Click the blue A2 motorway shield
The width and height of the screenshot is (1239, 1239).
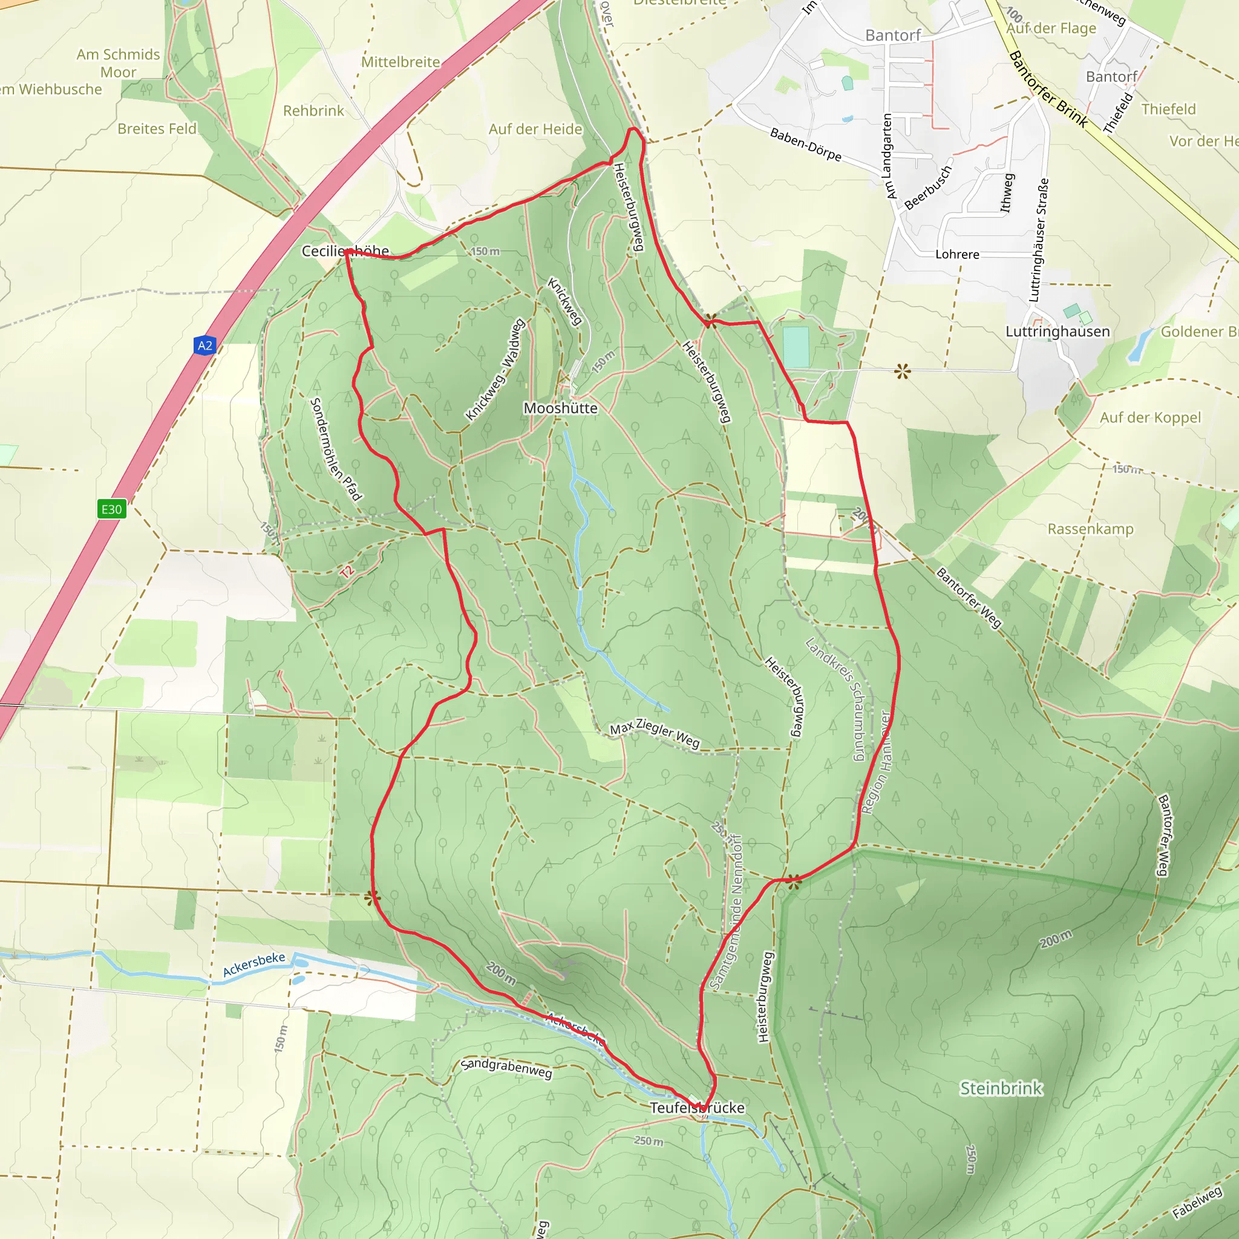(x=204, y=345)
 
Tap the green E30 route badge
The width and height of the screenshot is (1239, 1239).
(x=111, y=509)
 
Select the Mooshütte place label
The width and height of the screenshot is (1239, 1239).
(x=560, y=408)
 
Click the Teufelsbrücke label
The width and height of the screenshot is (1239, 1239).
(x=697, y=1108)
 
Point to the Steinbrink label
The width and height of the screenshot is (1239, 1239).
(x=1001, y=1088)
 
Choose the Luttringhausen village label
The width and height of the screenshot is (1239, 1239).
(x=1058, y=332)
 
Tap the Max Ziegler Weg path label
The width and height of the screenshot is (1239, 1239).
(x=655, y=734)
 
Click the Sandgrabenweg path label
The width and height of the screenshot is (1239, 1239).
(x=506, y=1068)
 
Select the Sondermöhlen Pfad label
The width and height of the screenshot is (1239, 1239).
(x=335, y=449)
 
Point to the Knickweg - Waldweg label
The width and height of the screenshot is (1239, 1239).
(x=495, y=370)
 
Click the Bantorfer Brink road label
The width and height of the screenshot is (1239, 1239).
(x=1048, y=89)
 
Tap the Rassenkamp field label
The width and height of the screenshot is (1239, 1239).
(x=1090, y=529)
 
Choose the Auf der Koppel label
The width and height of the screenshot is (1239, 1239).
(x=1151, y=417)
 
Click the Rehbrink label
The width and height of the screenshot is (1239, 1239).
(x=313, y=111)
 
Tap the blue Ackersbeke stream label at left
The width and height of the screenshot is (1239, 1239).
(x=254, y=964)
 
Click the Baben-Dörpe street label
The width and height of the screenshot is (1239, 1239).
(x=805, y=145)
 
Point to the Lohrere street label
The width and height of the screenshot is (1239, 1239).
(x=957, y=255)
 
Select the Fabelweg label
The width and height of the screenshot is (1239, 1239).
(x=1197, y=1203)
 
